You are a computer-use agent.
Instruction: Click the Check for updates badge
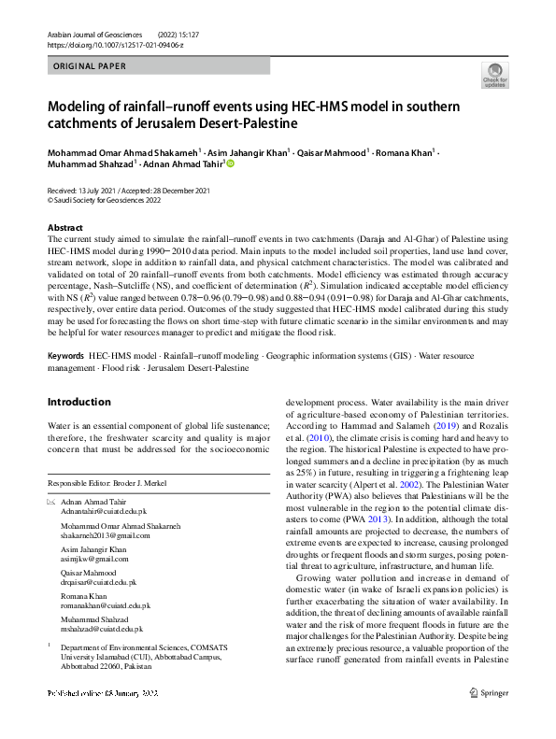[x=494, y=76]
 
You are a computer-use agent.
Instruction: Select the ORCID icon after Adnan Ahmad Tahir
[x=231, y=163]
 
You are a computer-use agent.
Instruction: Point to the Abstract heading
[x=66, y=228]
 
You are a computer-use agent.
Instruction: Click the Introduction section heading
[x=78, y=402]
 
